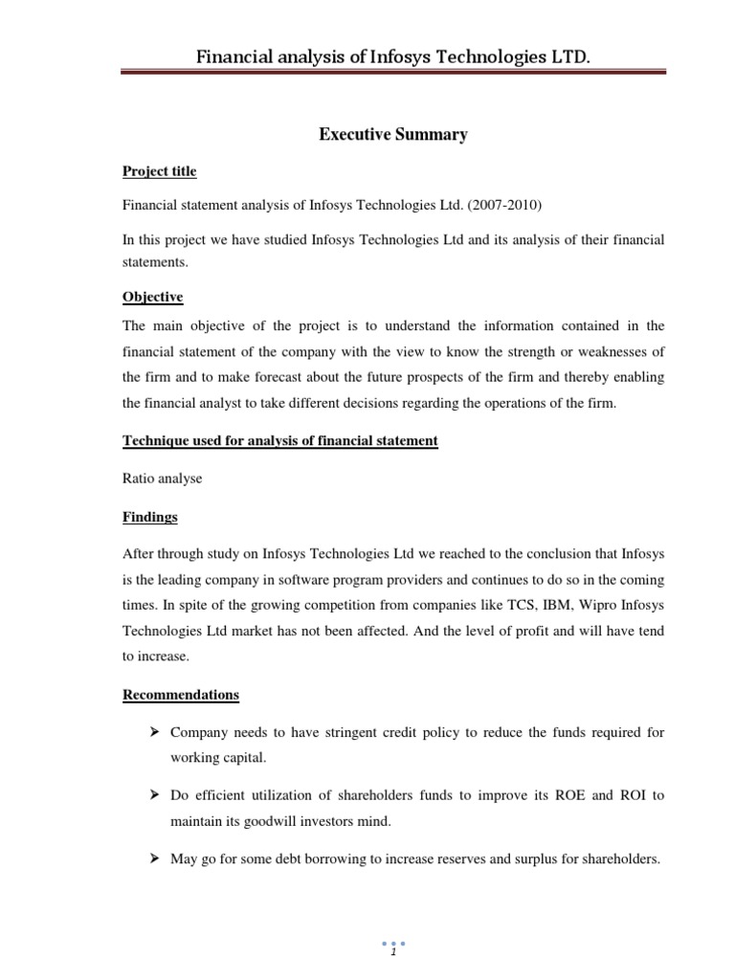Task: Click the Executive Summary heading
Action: [392, 135]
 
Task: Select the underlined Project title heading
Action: [160, 171]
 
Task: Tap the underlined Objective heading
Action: [153, 298]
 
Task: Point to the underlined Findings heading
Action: [150, 517]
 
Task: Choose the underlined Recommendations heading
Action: [181, 694]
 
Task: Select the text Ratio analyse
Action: [163, 479]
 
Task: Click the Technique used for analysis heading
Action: [280, 440]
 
